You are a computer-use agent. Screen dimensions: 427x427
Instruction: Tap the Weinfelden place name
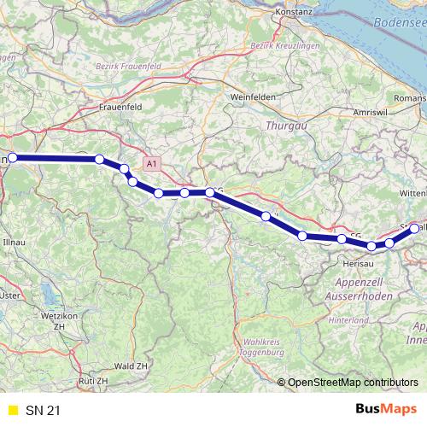tap(251, 97)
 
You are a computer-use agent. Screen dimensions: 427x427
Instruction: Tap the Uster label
tap(11, 295)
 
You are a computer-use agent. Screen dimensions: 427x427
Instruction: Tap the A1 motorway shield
tap(151, 162)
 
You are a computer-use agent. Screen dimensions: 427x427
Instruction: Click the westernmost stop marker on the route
tap(13, 158)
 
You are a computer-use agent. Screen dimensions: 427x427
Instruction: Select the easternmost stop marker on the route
tap(415, 228)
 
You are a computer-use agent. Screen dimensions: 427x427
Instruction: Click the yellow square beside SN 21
tap(12, 411)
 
